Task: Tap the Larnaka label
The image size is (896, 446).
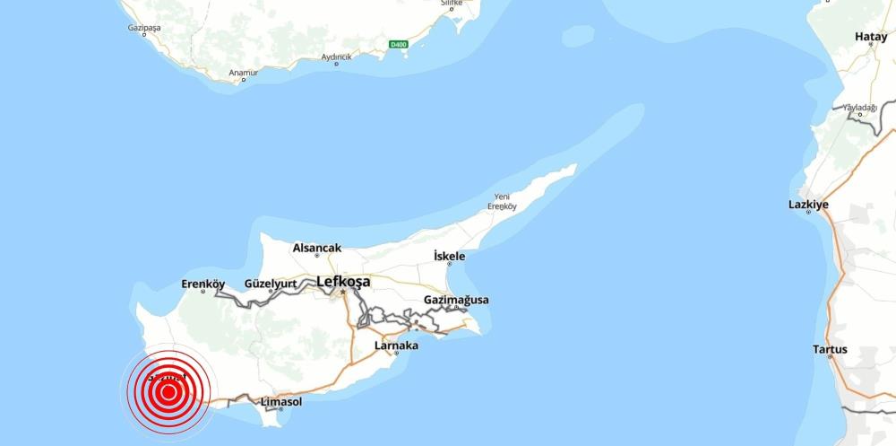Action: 396,345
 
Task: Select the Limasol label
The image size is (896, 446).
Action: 280,401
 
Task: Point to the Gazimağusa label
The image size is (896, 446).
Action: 456,300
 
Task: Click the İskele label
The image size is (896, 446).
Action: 449,257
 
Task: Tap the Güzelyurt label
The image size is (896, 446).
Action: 271,284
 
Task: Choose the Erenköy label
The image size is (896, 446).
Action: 202,284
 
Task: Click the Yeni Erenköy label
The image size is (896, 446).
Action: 502,201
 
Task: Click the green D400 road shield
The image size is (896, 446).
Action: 399,44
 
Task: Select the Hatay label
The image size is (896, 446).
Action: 871,37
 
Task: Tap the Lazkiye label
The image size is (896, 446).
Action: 808,205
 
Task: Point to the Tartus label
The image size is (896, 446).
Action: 830,348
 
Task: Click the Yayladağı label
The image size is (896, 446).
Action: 860,108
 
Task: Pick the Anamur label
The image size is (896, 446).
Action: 243,72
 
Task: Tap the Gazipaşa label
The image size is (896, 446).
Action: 144,29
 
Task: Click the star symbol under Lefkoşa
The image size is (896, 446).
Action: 342,293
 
